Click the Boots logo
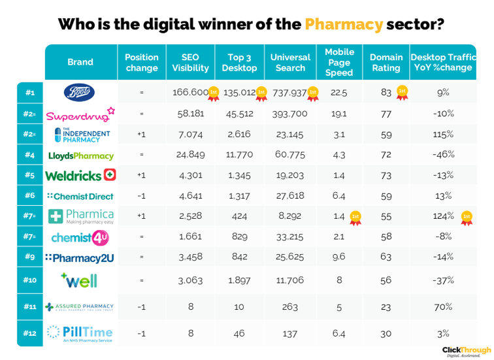(80, 92)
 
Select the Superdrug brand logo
(80, 114)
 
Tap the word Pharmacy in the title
(343, 24)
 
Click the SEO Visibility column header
(190, 62)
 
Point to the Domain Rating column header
(386, 62)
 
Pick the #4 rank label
(29, 155)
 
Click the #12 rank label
(29, 333)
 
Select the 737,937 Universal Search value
(288, 93)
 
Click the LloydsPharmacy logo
(80, 155)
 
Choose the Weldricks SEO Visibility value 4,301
(190, 176)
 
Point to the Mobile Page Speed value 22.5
(338, 93)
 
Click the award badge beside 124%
(466, 217)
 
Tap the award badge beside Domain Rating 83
(403, 92)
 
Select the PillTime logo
(80, 333)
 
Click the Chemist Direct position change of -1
(141, 196)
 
